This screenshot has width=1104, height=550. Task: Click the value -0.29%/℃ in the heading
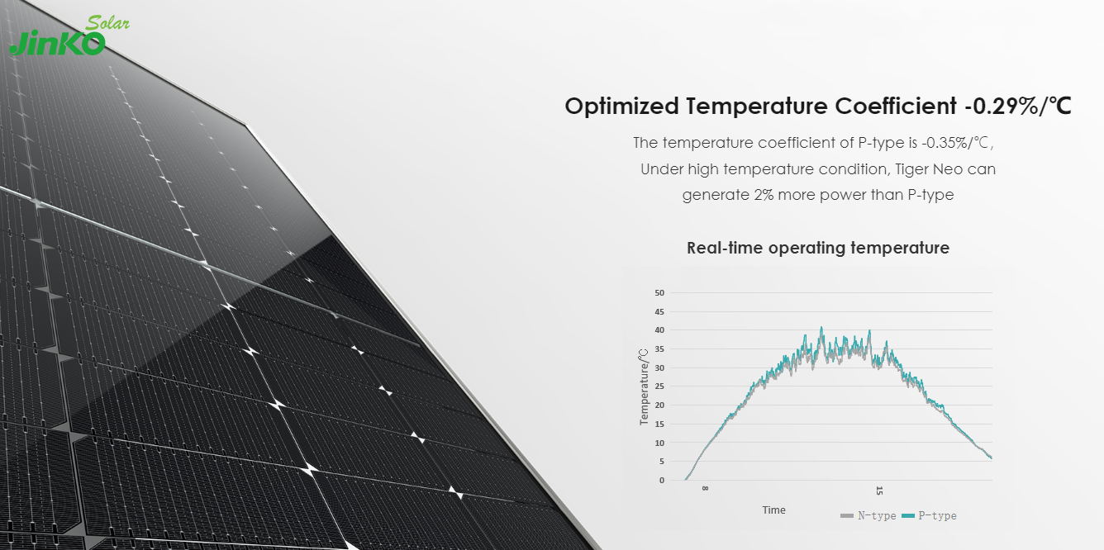pos(1017,107)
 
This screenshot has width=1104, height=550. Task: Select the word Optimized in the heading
pos(622,107)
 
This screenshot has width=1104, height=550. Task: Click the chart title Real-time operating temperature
pos(817,248)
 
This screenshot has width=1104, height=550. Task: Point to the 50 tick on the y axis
pos(659,293)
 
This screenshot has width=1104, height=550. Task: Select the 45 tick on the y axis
pos(659,312)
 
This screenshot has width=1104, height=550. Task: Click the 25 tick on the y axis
pos(659,386)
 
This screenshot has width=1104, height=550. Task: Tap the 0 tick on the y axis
pos(661,481)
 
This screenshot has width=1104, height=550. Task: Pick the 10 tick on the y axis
pos(659,443)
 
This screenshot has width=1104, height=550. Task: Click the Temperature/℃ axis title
pos(644,386)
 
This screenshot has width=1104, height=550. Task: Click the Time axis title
pos(773,510)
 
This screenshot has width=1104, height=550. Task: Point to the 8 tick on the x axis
pos(705,489)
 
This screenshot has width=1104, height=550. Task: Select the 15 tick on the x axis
pos(879,491)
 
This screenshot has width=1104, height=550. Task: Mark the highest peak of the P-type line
pos(821,328)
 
